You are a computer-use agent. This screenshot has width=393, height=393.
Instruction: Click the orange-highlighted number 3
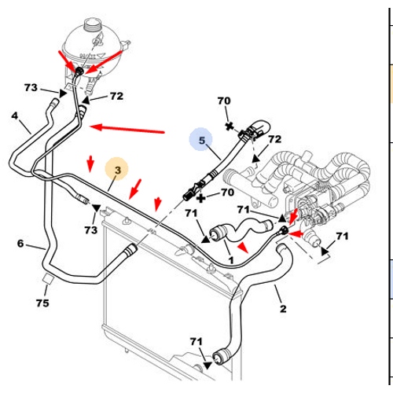(118, 170)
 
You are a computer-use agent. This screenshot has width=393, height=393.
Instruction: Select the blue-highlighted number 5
(201, 141)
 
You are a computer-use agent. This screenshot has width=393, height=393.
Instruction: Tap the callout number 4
(15, 116)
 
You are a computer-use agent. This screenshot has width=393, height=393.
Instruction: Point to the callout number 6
(20, 244)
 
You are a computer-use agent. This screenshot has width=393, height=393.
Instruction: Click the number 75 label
(42, 303)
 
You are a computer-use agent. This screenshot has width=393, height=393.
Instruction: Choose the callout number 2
(283, 309)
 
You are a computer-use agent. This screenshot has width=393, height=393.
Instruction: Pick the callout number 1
(231, 260)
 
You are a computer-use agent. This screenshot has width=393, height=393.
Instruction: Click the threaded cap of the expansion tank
(92, 25)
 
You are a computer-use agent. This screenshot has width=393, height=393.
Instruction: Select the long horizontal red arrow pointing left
(127, 129)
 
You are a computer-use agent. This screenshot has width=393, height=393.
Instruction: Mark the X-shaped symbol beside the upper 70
(230, 127)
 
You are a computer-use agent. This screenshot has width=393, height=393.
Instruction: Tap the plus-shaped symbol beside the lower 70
(201, 198)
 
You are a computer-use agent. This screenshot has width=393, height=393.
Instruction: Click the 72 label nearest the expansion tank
(116, 96)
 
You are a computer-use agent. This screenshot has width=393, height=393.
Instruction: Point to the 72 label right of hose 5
(274, 139)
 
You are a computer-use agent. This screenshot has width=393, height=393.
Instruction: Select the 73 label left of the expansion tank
(31, 87)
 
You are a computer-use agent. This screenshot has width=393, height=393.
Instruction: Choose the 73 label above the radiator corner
(91, 230)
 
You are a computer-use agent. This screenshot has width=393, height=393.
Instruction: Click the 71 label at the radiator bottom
(196, 341)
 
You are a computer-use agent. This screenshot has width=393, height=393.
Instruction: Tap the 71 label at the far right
(342, 236)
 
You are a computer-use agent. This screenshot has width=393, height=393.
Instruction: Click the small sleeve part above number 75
(47, 278)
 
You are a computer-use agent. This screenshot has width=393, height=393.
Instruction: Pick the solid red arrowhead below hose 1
(243, 248)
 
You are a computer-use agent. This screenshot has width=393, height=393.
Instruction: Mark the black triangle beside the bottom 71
(208, 365)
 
